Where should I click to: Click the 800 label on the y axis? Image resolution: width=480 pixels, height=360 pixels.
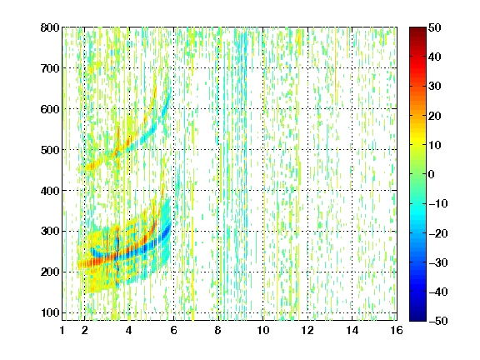(50, 27)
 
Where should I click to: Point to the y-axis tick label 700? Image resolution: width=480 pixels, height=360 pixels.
(50, 68)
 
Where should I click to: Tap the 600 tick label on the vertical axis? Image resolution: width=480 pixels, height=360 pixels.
(50, 109)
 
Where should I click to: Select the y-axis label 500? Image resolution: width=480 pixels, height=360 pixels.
(50, 150)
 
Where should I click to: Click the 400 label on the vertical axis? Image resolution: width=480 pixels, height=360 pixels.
(50, 191)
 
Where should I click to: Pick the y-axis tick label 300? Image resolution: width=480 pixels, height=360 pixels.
(50, 231)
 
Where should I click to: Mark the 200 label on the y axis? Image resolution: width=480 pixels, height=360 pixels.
(50, 272)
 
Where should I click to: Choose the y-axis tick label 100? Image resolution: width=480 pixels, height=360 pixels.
(50, 312)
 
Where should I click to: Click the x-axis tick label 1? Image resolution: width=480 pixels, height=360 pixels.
(62, 330)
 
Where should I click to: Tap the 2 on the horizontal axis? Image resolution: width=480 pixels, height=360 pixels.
(85, 330)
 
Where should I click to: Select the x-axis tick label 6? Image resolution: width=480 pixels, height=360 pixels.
(174, 330)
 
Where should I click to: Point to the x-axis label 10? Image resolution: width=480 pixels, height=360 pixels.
(263, 330)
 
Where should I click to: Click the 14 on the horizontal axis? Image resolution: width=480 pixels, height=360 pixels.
(352, 330)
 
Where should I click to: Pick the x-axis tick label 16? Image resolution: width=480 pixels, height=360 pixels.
(397, 330)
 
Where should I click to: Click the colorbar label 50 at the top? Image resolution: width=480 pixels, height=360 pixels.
(434, 27)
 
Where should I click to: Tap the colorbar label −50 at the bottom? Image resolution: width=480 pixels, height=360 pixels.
(437, 321)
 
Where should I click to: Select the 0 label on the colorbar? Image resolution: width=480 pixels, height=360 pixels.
(432, 174)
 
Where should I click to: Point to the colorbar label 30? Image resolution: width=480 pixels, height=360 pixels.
(434, 87)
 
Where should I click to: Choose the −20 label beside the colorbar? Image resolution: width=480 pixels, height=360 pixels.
(437, 233)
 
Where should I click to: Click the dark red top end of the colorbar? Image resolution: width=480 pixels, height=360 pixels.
(417, 29)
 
